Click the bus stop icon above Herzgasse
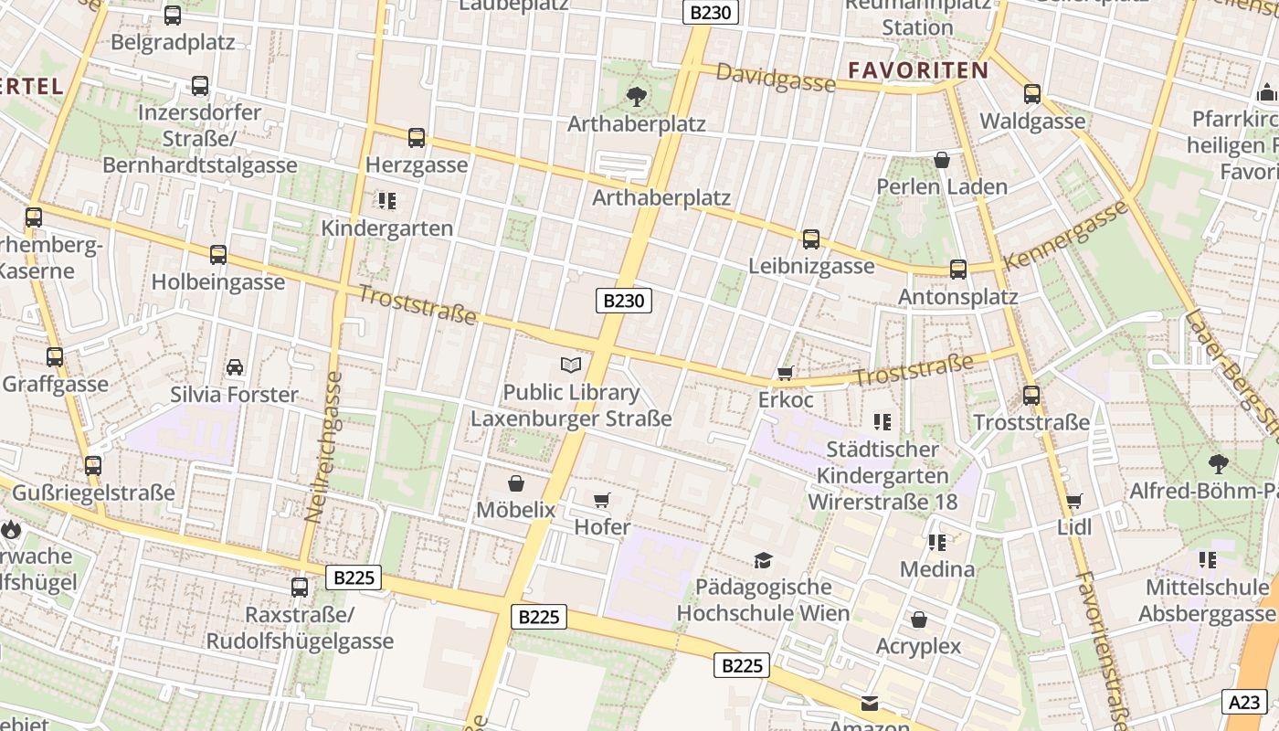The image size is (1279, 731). [x=417, y=138]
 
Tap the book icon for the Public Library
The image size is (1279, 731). [x=571, y=365]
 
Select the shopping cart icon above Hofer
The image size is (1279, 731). [x=601, y=500]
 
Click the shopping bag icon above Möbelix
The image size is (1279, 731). [x=516, y=482]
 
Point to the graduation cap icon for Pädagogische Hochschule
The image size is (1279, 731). [x=763, y=559]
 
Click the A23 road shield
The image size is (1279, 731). [x=1244, y=702]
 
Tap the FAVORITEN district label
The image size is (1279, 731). [x=918, y=70]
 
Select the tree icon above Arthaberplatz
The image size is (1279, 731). [x=637, y=95]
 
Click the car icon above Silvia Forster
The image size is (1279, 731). [x=235, y=367]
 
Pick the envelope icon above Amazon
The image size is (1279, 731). [x=870, y=703]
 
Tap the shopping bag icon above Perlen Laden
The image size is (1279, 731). [x=942, y=160]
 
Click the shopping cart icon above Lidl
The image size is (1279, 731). [x=1074, y=501]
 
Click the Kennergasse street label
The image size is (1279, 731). [x=1065, y=236]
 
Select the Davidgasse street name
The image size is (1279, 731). [x=775, y=79]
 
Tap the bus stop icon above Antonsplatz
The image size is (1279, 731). [x=957, y=270]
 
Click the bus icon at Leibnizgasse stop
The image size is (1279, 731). [x=810, y=239]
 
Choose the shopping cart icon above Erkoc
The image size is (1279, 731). [x=785, y=373]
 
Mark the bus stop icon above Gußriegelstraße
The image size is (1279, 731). [x=93, y=466]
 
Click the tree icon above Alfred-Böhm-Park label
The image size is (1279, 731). [x=1218, y=463]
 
